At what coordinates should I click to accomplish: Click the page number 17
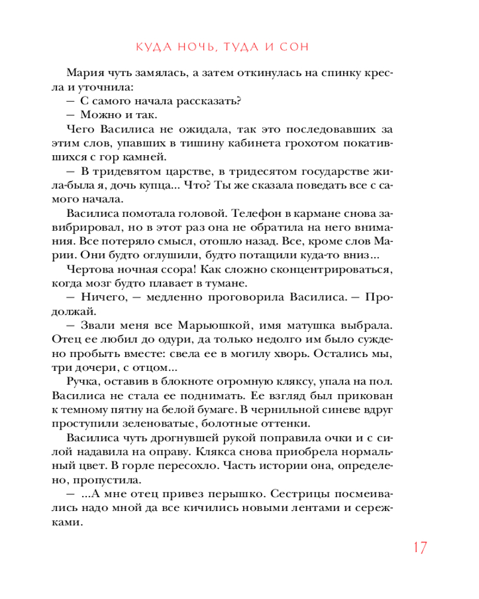point(418,547)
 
